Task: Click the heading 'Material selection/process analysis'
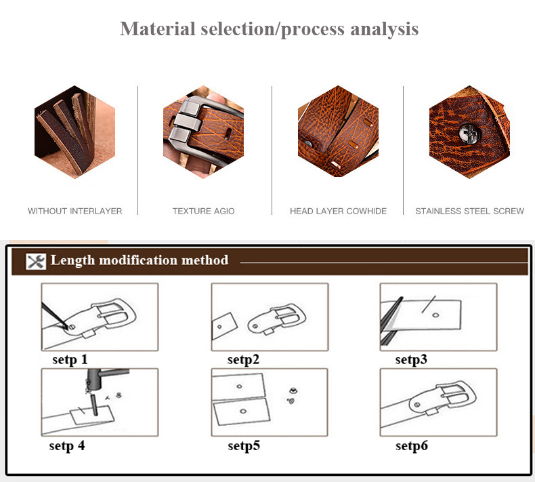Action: (x=269, y=29)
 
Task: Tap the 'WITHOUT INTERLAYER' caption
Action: (x=74, y=211)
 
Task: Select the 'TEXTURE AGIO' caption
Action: (x=203, y=211)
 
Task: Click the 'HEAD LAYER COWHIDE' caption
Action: (x=338, y=211)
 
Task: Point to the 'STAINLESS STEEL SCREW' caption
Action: (x=469, y=211)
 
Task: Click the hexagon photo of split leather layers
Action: (x=74, y=132)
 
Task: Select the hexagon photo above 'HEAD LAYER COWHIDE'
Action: (x=338, y=132)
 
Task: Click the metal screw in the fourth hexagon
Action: (x=466, y=134)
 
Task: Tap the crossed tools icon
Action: (x=35, y=261)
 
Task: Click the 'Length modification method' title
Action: (x=140, y=260)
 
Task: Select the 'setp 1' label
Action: (x=70, y=359)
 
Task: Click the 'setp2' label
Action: (x=243, y=359)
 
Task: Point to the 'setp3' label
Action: (x=411, y=359)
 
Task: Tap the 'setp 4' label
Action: (x=67, y=445)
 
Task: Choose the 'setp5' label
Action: (x=243, y=445)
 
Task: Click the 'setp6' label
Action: (x=411, y=445)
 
